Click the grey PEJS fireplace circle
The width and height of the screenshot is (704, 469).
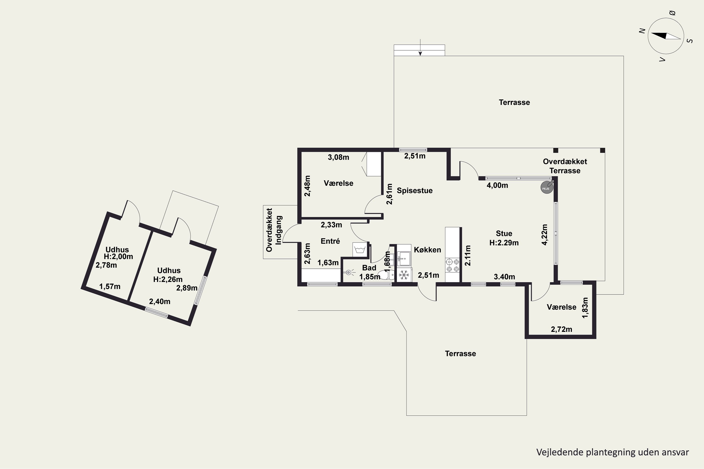click(546, 188)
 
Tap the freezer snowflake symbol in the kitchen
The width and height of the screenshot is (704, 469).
click(404, 275)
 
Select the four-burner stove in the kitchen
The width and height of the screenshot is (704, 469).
click(452, 265)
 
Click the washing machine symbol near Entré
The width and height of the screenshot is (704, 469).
click(360, 250)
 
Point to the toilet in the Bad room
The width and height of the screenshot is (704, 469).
click(386, 274)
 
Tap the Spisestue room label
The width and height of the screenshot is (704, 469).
click(415, 190)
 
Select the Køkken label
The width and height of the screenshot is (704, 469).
click(427, 250)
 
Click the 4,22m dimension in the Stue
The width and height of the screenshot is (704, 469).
click(544, 235)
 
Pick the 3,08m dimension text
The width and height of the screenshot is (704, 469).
click(339, 157)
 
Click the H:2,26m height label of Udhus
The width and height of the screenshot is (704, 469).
click(168, 279)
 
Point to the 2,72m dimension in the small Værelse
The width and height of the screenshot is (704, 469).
click(562, 329)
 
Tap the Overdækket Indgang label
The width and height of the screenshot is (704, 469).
click(274, 230)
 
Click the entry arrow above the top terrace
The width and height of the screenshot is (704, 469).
click(420, 47)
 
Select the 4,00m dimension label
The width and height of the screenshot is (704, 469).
click(497, 185)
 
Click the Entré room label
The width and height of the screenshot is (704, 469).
click(330, 241)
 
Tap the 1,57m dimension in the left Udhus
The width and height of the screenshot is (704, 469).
click(110, 287)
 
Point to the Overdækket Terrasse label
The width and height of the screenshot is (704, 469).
click(565, 166)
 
